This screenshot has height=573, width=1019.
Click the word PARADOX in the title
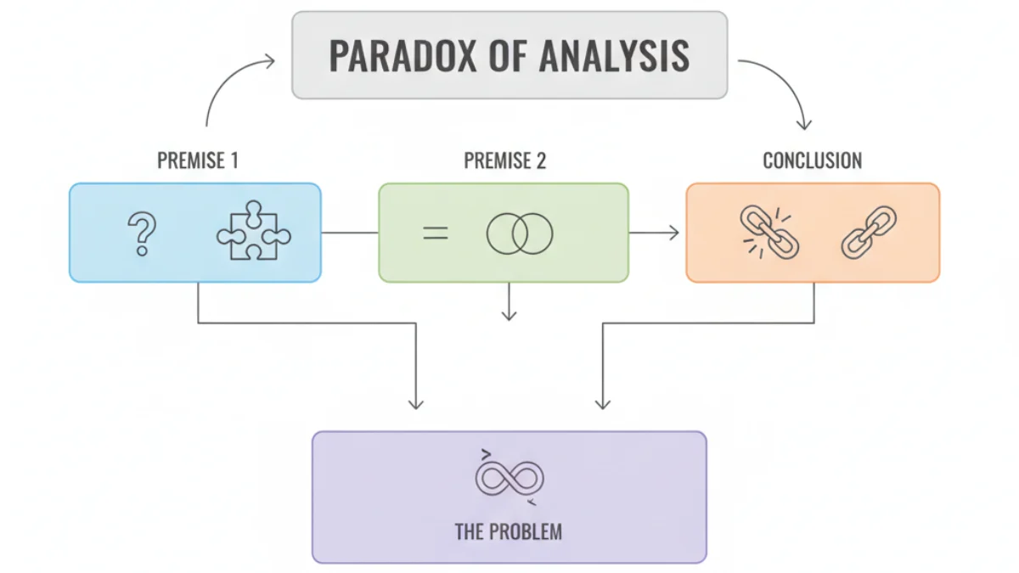(x=403, y=56)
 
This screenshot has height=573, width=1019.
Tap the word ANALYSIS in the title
(x=614, y=56)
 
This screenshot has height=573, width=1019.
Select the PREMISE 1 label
(x=198, y=160)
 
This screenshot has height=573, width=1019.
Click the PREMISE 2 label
(x=505, y=160)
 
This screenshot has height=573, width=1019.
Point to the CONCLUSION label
(x=813, y=160)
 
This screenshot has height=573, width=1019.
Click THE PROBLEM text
(x=509, y=531)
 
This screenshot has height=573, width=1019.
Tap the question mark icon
(x=142, y=233)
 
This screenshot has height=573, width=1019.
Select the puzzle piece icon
(x=253, y=231)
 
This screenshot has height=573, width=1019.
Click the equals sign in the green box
(x=436, y=233)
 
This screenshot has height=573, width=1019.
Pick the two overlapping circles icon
(x=520, y=233)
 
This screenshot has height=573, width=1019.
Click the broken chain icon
(x=769, y=233)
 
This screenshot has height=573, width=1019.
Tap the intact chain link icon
(x=869, y=233)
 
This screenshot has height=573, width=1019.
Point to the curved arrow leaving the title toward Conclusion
(x=785, y=81)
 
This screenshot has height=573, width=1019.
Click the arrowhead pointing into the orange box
(x=674, y=233)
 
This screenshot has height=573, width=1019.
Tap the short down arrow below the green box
(x=509, y=301)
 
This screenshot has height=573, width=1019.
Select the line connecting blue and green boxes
(x=350, y=233)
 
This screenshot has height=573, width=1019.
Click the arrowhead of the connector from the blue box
(x=416, y=404)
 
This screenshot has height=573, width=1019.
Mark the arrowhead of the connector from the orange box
(x=603, y=404)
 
